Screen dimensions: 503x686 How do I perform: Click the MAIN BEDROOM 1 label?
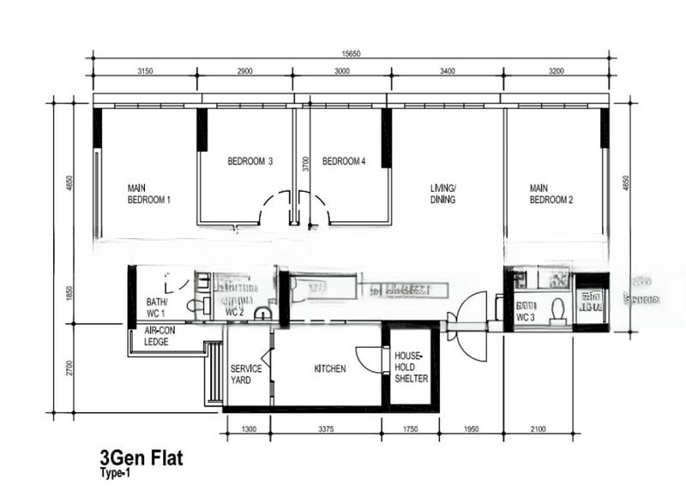click(148, 194)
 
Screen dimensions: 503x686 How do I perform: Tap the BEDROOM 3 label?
click(250, 161)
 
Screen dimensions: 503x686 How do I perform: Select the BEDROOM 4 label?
click(344, 161)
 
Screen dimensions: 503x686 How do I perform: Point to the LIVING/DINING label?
click(442, 194)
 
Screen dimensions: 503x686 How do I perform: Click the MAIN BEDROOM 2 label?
click(551, 194)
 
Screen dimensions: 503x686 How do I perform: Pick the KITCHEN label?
click(330, 369)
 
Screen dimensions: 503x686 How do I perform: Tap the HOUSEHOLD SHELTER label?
click(410, 367)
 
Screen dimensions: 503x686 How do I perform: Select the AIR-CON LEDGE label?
click(162, 336)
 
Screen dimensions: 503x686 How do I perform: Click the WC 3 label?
click(525, 317)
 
